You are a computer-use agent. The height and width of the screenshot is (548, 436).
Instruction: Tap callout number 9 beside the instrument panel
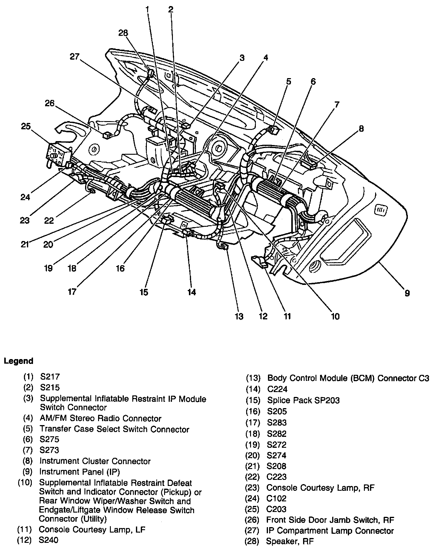pos(407,293)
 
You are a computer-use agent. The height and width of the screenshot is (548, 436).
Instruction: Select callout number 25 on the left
pos(26,126)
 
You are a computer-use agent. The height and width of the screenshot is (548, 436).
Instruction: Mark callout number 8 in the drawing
pos(361,129)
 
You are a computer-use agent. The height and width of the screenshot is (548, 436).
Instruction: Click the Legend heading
pos(18,361)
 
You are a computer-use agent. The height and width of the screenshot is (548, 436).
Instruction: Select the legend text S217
pos(50,377)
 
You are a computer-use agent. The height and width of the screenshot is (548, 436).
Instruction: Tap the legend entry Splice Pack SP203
pos(303,400)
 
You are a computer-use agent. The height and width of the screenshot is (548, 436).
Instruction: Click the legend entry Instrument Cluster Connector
pos(95,461)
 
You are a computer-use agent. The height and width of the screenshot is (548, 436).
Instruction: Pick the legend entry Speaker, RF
pos(289,541)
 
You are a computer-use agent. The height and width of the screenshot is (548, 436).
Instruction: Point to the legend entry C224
pos(277,389)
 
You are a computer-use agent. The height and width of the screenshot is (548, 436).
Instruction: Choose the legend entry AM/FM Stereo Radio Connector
pos(100,418)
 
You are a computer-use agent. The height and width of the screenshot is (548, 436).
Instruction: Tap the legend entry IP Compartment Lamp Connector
pos(330,530)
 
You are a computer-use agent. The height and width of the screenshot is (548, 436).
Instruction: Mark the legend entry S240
pos(49,540)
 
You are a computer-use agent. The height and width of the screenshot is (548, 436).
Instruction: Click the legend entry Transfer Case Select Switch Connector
pos(114,429)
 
